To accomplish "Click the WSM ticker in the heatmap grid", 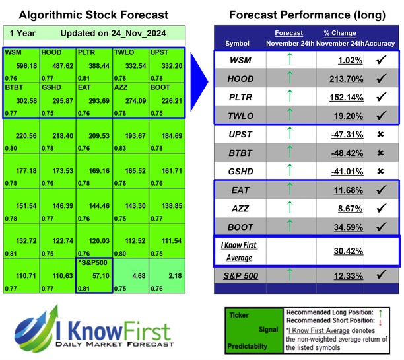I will (13, 52).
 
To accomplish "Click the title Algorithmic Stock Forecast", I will (93, 15).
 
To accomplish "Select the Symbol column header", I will (238, 44).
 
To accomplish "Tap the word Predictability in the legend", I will (248, 344).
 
